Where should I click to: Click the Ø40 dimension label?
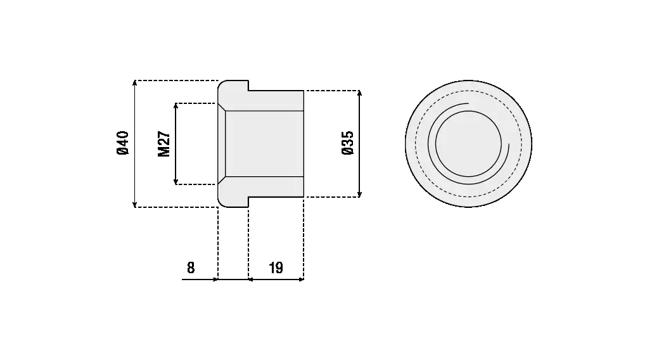pyautogui.click(x=123, y=143)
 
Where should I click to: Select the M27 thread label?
pyautogui.click(x=164, y=144)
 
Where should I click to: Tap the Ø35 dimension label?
pyautogui.click(x=348, y=143)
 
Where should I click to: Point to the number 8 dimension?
pyautogui.click(x=191, y=268)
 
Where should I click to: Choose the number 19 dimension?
pyautogui.click(x=276, y=268)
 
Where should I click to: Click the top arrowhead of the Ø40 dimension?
pyautogui.click(x=134, y=82)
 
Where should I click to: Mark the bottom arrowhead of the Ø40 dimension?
pyautogui.click(x=134, y=204)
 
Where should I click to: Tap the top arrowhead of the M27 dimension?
pyautogui.click(x=176, y=106)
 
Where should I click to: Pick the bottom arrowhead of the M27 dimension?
pyautogui.click(x=176, y=182)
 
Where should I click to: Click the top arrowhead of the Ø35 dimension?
pyautogui.click(x=359, y=93)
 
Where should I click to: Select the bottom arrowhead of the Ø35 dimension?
pyautogui.click(x=359, y=194)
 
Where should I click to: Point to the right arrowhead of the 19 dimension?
pyautogui.click(x=301, y=280)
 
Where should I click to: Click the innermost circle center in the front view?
pyautogui.click(x=468, y=144)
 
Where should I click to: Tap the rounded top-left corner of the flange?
pyautogui.click(x=221, y=84)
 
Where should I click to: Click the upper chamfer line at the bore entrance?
pyautogui.click(x=222, y=107)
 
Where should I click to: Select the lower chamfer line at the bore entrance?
pyautogui.click(x=222, y=181)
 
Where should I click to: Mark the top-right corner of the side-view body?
pyautogui.click(x=304, y=91)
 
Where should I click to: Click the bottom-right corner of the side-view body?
pyautogui.click(x=304, y=197)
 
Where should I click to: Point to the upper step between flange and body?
pyautogui.click(x=248, y=86)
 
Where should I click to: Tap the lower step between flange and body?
pyautogui.click(x=248, y=202)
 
